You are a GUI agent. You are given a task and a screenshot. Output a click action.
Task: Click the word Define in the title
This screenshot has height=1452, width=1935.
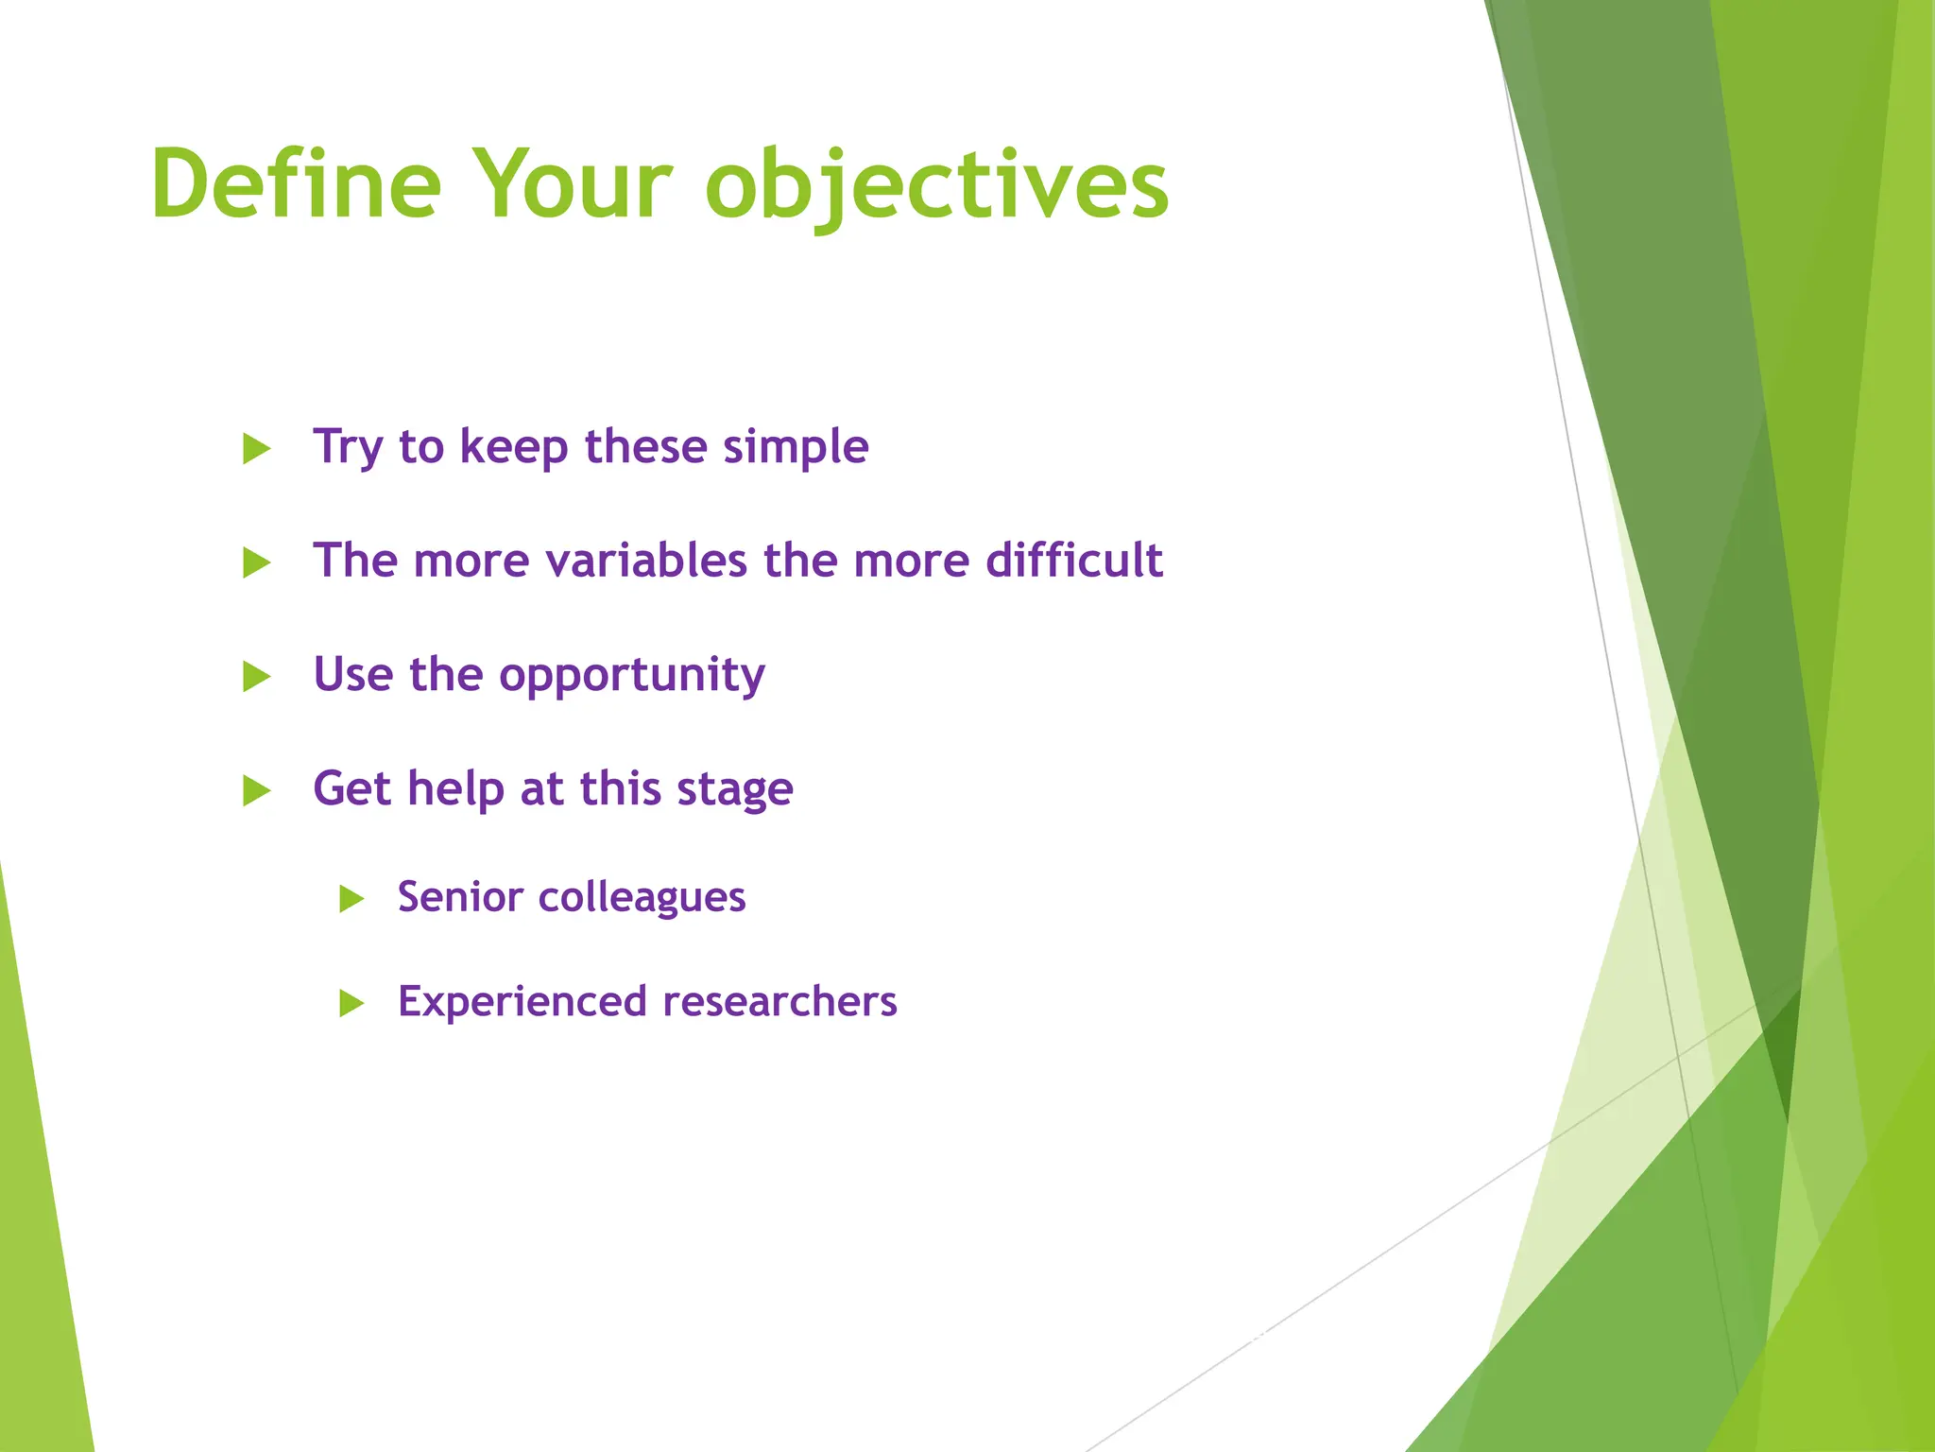(x=296, y=184)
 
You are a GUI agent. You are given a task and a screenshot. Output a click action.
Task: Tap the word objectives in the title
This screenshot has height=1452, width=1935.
(x=936, y=186)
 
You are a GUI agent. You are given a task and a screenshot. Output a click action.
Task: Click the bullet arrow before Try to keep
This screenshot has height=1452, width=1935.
(x=256, y=448)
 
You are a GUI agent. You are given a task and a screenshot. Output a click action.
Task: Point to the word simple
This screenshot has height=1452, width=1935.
(x=796, y=447)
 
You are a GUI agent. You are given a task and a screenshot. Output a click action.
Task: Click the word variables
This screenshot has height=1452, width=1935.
(x=647, y=561)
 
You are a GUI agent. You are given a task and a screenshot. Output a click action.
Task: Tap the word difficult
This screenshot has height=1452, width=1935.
(x=1073, y=561)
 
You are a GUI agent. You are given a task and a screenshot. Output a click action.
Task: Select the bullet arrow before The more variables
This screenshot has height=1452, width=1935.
(x=256, y=562)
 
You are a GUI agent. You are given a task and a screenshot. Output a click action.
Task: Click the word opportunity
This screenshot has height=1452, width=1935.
(x=631, y=676)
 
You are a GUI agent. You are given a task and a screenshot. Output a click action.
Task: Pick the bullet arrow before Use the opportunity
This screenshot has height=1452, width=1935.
(x=256, y=677)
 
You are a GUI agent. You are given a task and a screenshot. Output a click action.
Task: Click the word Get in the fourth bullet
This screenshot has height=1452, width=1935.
(x=351, y=788)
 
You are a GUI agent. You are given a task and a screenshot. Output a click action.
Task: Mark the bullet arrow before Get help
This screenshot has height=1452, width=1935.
(x=256, y=790)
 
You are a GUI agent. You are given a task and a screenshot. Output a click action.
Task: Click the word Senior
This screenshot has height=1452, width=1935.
(x=459, y=897)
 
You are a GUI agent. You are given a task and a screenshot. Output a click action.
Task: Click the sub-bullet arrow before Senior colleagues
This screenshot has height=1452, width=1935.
(x=351, y=898)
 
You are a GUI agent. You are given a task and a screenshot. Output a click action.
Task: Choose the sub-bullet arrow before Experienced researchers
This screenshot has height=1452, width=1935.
(x=351, y=1003)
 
